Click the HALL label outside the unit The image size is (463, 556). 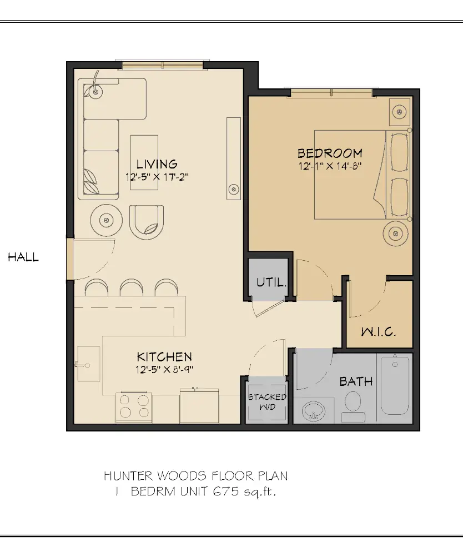[23, 257]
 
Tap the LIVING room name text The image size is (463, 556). [157, 164]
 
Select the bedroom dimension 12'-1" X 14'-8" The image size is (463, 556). [330, 165]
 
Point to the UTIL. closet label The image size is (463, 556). [271, 282]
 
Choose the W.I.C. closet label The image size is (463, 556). [378, 332]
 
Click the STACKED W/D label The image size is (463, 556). [267, 401]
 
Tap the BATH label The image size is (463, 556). [356, 382]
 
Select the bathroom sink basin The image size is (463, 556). [314, 413]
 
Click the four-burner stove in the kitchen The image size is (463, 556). [134, 406]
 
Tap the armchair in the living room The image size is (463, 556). [147, 221]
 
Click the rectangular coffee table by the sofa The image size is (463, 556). [144, 162]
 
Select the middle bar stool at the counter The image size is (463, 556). [131, 287]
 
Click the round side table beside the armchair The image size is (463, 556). [107, 220]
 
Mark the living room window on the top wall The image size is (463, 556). [163, 66]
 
